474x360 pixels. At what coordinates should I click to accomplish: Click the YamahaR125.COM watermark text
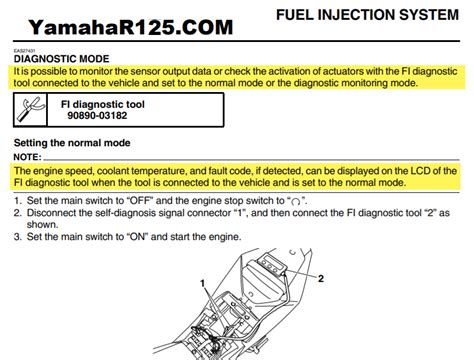[x=118, y=25]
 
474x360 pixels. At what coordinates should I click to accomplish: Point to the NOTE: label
[x=28, y=158]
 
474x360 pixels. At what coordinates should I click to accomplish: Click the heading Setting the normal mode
[x=78, y=144]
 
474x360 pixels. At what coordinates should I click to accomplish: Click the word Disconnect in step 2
[x=55, y=214]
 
